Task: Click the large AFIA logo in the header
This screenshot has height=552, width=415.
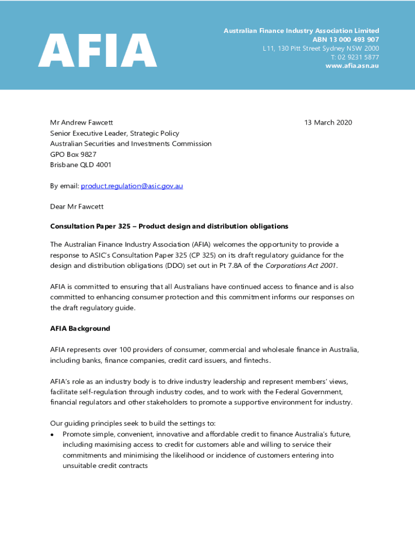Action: pos(98,50)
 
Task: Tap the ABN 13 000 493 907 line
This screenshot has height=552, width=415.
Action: pos(345,40)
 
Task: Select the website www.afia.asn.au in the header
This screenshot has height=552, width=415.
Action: pos(352,66)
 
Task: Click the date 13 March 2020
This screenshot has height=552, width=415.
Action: pos(328,123)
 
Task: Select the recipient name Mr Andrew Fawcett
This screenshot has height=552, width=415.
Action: pos(81,123)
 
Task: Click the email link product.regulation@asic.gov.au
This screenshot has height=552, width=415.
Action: pos(132,186)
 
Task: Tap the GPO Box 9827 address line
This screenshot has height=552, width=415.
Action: pos(73,154)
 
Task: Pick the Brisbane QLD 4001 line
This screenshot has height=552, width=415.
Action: pos(81,165)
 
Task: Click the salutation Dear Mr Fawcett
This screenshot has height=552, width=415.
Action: pos(77,206)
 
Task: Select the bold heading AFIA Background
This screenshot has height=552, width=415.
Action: pos(80,328)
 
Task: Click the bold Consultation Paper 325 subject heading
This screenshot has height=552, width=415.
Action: pos(169,226)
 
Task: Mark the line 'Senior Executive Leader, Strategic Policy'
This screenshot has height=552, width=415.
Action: pos(115,133)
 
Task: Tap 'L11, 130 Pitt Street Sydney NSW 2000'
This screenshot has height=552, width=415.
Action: pos(321,49)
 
